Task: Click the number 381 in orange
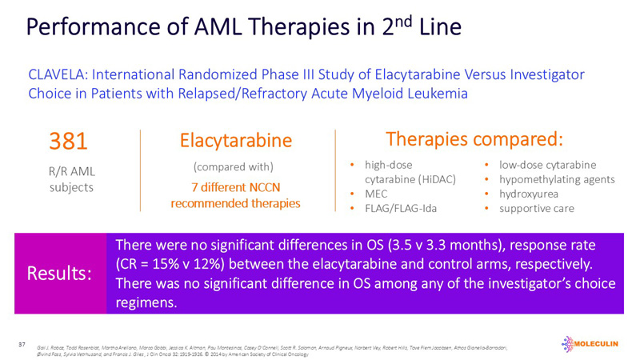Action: [x=70, y=142]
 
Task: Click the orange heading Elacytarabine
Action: [x=235, y=142]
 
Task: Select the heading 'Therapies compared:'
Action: [x=474, y=138]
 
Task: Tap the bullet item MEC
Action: [x=378, y=194]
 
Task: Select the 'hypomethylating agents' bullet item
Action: [x=557, y=179]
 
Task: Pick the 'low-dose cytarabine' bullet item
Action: [x=547, y=165]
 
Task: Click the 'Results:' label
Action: [x=59, y=273]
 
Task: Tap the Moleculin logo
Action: [x=592, y=344]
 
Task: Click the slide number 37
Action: [x=22, y=344]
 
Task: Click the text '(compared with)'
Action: [x=234, y=167]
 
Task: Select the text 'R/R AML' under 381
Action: [x=69, y=170]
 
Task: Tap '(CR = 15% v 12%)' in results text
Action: [x=181, y=264]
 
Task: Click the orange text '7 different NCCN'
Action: [x=235, y=187]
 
